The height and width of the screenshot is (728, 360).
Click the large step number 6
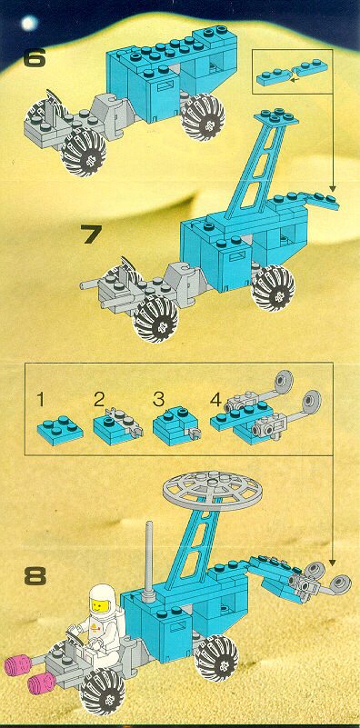tap(35, 58)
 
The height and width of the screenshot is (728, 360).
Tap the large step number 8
tap(35, 576)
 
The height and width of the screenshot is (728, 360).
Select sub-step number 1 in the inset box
tap(41, 400)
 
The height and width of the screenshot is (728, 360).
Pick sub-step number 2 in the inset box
tap(98, 399)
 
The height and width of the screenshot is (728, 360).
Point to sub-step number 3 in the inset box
tap(159, 399)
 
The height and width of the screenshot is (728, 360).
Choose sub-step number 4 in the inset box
tap(216, 399)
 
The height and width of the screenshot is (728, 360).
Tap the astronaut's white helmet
tap(101, 598)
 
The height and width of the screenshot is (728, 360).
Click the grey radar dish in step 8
tap(213, 491)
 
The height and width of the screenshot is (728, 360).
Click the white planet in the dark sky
tap(29, 23)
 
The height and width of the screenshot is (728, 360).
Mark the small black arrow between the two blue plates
tap(292, 79)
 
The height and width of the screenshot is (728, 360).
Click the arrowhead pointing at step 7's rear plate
tap(332, 188)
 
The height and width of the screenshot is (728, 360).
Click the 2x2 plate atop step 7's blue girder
tap(277, 116)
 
